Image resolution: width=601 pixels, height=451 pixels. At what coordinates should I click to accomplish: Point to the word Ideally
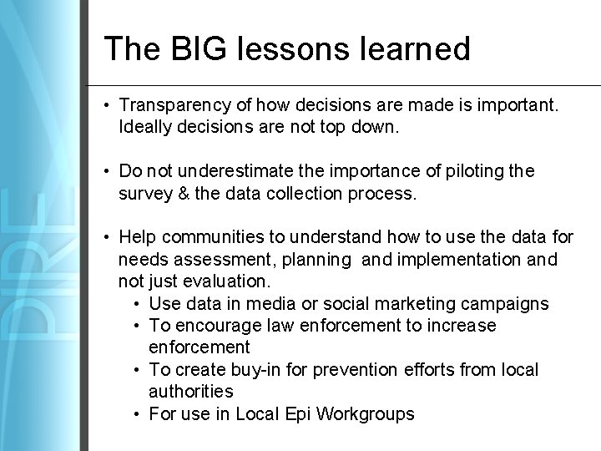pyautogui.click(x=147, y=128)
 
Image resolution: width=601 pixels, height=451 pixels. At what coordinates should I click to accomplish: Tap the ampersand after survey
pyautogui.click(x=186, y=193)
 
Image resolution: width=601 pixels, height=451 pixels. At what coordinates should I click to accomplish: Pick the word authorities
pyautogui.click(x=191, y=390)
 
